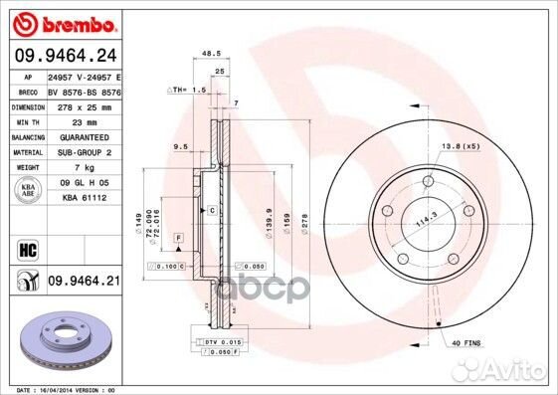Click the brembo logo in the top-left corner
(63, 22)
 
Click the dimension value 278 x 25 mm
(82, 105)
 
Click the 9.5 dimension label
(180, 146)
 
